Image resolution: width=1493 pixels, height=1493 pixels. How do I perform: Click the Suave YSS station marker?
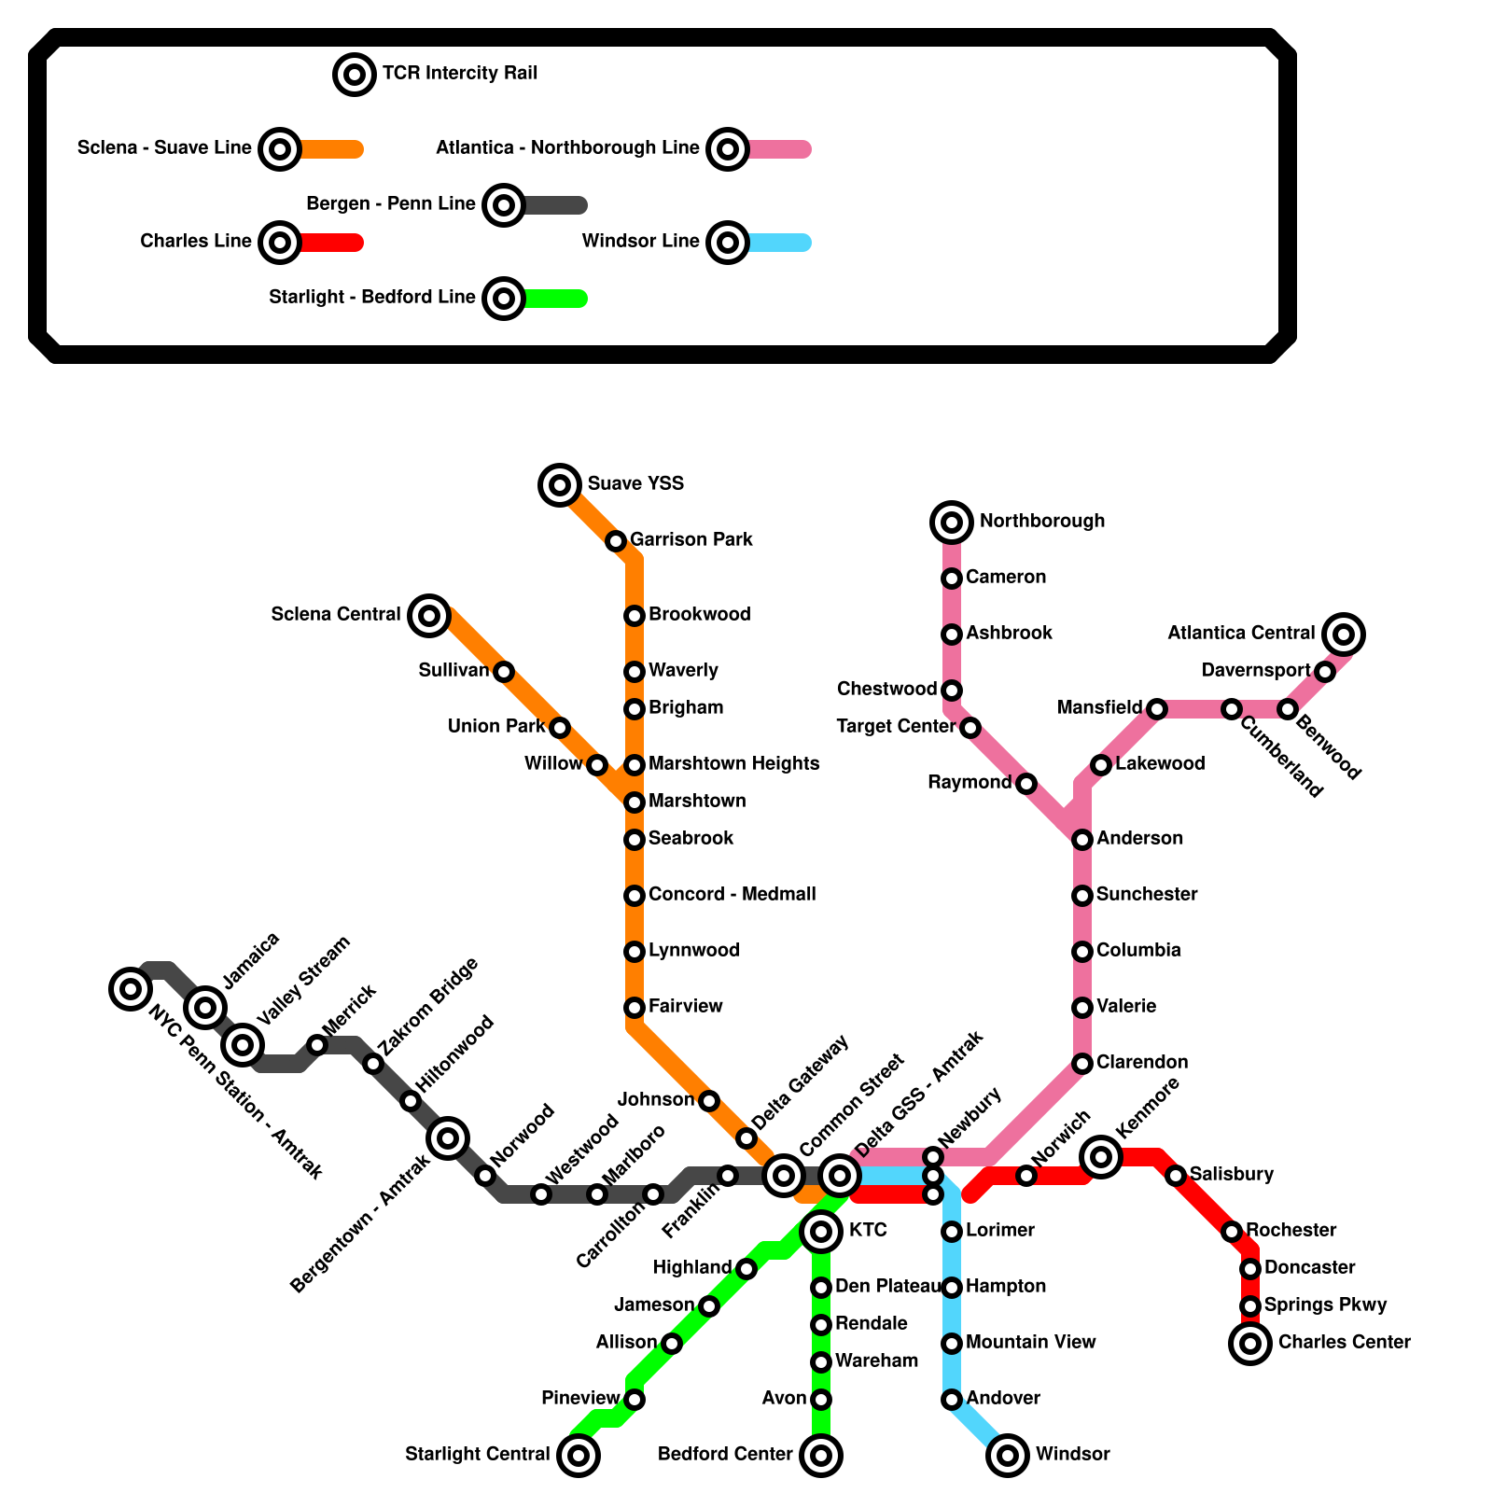point(560,484)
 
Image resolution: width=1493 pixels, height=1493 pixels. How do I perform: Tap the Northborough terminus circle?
point(952,522)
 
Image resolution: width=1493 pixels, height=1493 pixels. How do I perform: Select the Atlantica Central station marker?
point(1344,635)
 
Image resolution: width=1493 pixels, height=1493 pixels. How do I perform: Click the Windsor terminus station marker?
point(1008,1455)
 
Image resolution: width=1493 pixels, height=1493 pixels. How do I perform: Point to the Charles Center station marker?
point(1250,1344)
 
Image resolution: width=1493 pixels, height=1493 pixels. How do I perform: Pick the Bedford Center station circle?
point(821,1455)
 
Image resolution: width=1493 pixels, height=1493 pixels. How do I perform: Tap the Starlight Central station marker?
point(579,1455)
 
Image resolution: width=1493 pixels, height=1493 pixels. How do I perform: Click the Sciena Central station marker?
point(429,615)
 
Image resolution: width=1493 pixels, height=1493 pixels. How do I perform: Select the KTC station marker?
point(821,1232)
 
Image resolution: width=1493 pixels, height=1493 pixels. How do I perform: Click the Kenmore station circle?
point(1101,1157)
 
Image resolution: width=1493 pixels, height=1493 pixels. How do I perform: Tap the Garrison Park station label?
point(691,539)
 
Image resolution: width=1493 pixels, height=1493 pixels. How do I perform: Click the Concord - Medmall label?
point(732,894)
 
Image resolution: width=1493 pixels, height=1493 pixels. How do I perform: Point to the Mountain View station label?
point(1030,1342)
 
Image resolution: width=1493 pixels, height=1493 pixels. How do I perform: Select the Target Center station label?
point(896,726)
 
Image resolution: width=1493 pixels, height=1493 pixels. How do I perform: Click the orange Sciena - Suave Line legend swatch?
point(331,149)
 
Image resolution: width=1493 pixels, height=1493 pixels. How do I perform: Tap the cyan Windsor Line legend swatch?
point(779,243)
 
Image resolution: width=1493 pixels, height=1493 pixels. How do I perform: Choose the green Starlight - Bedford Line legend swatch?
point(555,299)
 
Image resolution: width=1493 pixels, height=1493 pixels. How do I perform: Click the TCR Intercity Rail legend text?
point(460,73)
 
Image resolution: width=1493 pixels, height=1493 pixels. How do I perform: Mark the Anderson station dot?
point(1082,840)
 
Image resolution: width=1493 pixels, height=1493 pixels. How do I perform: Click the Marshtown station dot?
point(635,802)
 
